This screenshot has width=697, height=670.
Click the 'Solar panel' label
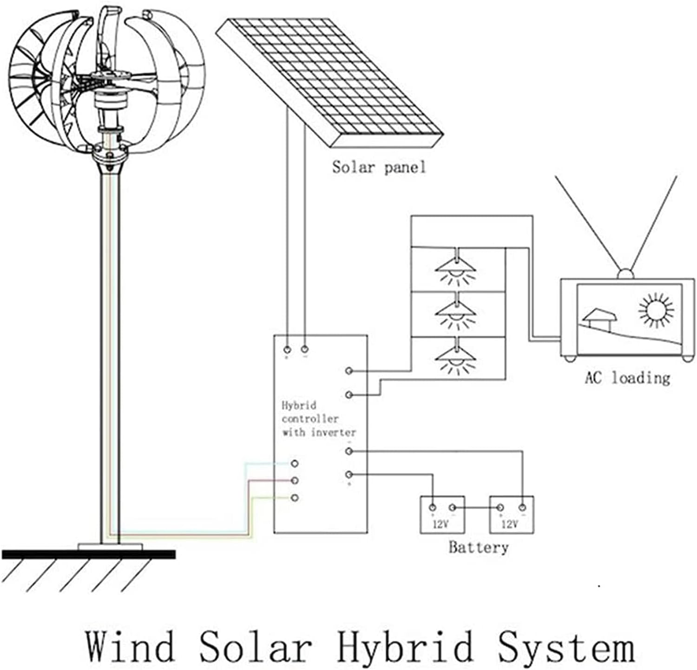pyautogui.click(x=379, y=167)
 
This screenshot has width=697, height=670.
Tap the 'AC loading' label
pyautogui.click(x=627, y=378)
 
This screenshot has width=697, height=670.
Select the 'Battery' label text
pyautogui.click(x=478, y=547)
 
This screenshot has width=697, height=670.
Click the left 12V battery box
pyautogui.click(x=442, y=514)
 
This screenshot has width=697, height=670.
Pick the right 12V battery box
pyautogui.click(x=511, y=514)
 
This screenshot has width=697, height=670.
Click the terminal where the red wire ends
pyautogui.click(x=294, y=480)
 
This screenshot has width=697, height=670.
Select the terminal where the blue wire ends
pyautogui.click(x=294, y=464)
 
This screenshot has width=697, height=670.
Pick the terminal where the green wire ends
pyautogui.click(x=294, y=498)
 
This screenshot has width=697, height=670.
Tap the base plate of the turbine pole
pyautogui.click(x=111, y=546)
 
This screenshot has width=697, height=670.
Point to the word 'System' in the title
pyautogui.click(x=566, y=646)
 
